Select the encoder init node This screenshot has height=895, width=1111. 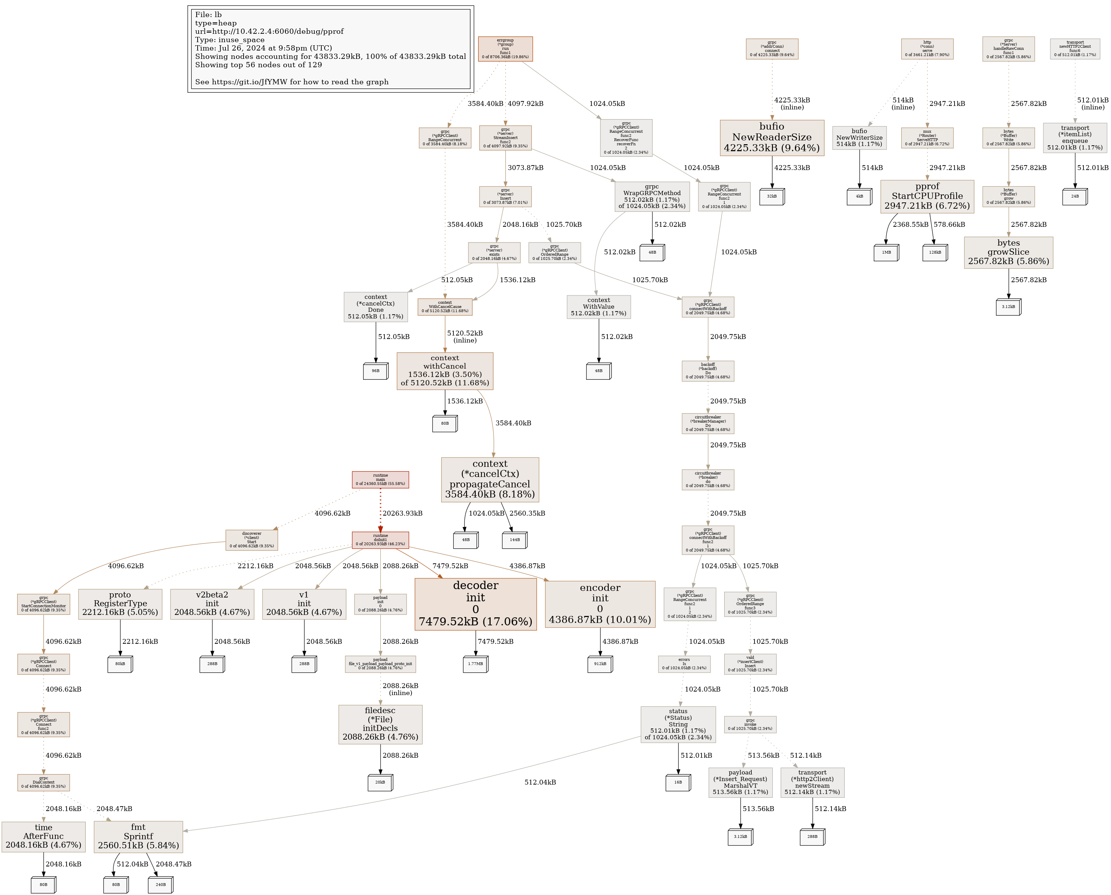[600, 604]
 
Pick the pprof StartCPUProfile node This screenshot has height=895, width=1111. [927, 196]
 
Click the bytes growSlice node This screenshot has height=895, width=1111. [1008, 252]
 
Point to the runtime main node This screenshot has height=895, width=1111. [380, 479]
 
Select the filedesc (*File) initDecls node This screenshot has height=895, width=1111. [380, 724]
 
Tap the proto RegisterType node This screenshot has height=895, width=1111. [120, 604]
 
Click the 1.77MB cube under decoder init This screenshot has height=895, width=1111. [475, 664]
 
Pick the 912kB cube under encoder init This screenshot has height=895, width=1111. [600, 664]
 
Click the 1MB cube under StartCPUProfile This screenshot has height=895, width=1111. [886, 253]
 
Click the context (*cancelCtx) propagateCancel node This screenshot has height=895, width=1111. [490, 479]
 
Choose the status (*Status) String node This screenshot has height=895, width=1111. [678, 724]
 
